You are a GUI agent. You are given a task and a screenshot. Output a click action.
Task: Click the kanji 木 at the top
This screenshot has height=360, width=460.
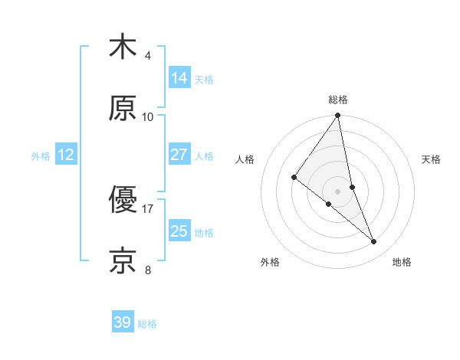point(123,47)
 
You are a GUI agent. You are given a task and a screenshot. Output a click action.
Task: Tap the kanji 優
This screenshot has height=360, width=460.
point(123,200)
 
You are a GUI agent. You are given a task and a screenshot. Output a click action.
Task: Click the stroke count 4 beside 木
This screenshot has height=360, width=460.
point(148,55)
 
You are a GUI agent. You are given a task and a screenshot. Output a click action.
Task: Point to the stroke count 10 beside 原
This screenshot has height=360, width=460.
point(148,116)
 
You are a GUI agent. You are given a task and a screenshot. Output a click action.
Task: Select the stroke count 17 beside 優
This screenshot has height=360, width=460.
point(148,208)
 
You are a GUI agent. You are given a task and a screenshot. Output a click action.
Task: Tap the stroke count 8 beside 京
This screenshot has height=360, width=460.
point(148,270)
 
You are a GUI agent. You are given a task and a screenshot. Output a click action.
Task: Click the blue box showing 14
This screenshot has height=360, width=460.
point(179,78)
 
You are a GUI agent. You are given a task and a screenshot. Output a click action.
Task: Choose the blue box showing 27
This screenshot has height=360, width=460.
point(179,155)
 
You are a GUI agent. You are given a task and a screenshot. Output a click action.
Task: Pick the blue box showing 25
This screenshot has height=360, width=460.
point(179,231)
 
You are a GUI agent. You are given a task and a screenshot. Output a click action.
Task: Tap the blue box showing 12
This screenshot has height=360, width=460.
point(66,155)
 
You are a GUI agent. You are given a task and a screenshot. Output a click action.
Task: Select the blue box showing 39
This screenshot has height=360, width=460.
point(123,322)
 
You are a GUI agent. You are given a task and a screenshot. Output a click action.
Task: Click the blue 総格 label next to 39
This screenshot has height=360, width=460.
point(147,324)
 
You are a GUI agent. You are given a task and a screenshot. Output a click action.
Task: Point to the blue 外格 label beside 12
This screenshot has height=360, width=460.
point(41,156)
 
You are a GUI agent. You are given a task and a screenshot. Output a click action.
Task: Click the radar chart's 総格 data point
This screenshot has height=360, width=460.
point(337,116)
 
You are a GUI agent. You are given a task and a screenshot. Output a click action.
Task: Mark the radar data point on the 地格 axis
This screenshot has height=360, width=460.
point(374,241)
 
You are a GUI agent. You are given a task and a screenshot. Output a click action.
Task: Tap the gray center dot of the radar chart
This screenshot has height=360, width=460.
point(337,191)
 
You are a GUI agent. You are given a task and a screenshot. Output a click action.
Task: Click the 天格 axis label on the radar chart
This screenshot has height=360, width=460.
point(432,159)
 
